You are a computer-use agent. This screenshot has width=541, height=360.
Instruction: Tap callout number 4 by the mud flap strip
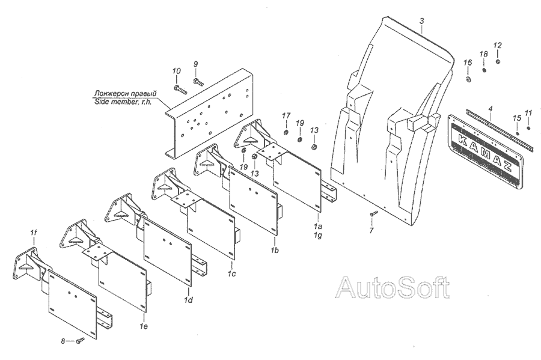(x=491, y=109)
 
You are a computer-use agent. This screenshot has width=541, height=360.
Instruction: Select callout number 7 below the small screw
(x=371, y=230)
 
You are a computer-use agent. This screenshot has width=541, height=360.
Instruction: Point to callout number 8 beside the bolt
(x=63, y=341)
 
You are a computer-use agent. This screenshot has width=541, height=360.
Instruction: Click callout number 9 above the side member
(x=195, y=64)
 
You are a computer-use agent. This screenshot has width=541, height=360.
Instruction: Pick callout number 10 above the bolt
(x=176, y=72)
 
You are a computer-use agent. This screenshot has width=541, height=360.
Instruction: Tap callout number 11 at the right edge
(x=528, y=112)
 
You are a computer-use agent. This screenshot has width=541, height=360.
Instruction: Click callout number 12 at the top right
(x=498, y=45)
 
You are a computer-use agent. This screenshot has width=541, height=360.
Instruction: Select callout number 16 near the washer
(x=468, y=63)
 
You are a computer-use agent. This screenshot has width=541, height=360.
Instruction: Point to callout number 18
(x=483, y=55)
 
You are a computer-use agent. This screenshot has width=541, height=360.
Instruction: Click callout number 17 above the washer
(x=286, y=115)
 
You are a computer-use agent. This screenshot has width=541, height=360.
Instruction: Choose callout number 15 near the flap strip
(x=516, y=118)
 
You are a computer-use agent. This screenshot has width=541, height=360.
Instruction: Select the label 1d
(x=189, y=299)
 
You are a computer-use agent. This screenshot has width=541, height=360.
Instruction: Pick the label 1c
(x=232, y=273)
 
